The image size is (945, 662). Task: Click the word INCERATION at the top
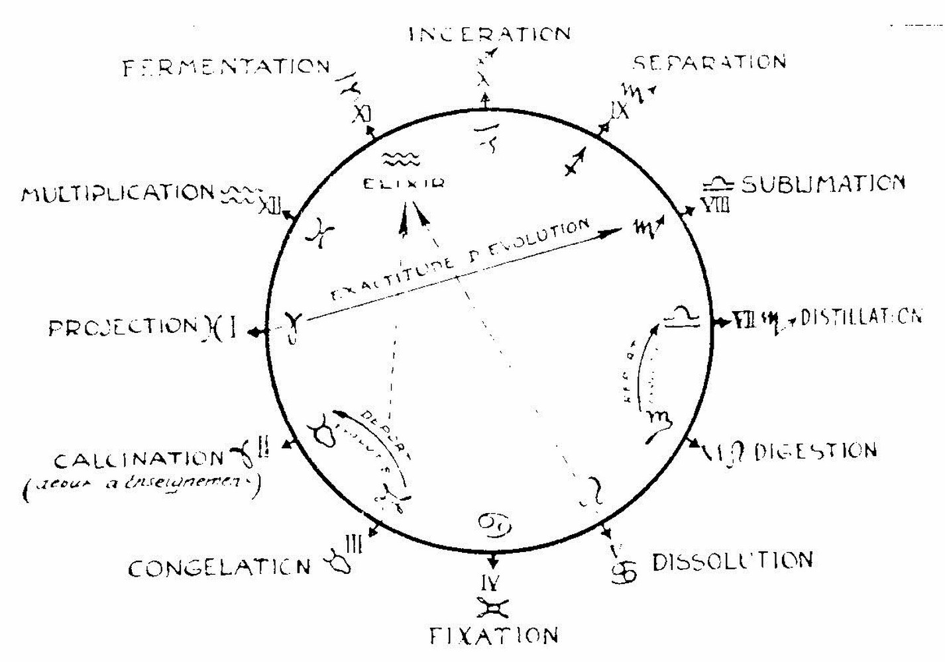(489, 34)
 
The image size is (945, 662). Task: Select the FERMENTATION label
(226, 68)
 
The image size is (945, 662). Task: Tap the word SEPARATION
(709, 62)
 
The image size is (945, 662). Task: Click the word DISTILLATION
(861, 317)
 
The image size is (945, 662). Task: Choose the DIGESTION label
(815, 451)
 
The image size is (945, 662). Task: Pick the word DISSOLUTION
(732, 561)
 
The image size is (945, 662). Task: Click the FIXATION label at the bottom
(494, 636)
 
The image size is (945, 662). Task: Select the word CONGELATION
(219, 568)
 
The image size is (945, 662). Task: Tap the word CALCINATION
(140, 459)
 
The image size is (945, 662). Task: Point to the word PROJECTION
(123, 327)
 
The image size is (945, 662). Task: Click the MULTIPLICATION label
(118, 194)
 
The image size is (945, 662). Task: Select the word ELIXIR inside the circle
(404, 183)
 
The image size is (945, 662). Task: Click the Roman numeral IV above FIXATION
(491, 583)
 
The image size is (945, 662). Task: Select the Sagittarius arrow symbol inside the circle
(575, 161)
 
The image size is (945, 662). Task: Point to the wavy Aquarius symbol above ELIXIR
(401, 159)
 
